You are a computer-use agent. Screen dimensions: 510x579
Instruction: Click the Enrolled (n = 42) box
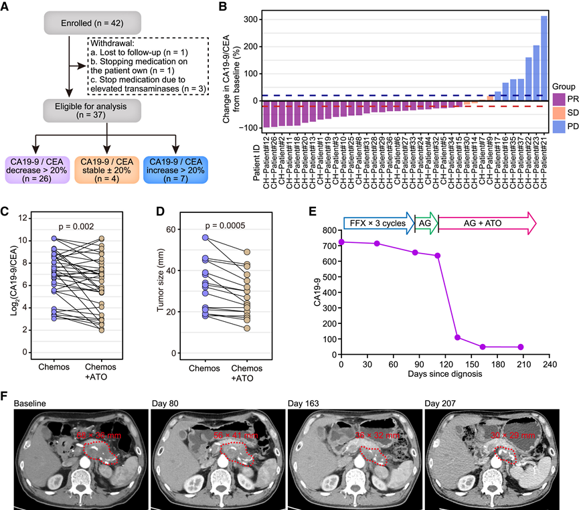pos(68,23)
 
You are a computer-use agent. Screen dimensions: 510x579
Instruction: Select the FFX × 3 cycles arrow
pos(378,222)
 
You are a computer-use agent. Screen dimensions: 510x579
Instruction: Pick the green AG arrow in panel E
pos(426,222)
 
